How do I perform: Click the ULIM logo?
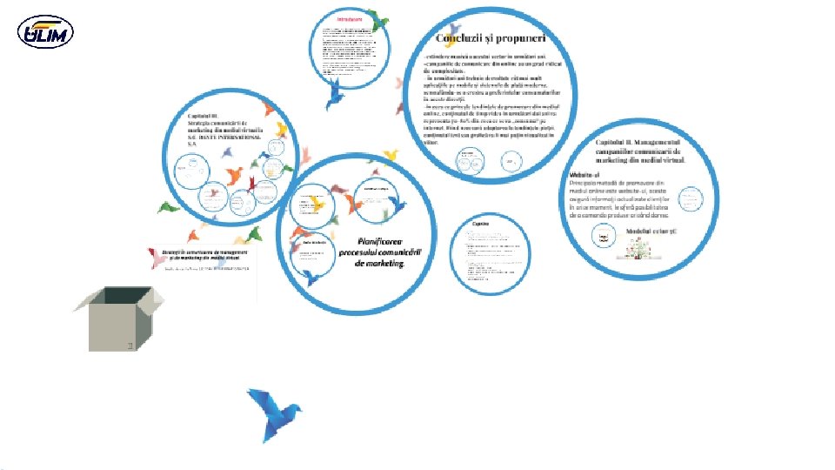45,32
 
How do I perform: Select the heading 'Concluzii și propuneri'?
491,38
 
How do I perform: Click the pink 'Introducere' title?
350,17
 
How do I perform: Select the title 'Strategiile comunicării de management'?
205,252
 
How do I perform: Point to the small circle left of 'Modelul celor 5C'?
602,236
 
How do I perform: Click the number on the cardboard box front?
129,346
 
